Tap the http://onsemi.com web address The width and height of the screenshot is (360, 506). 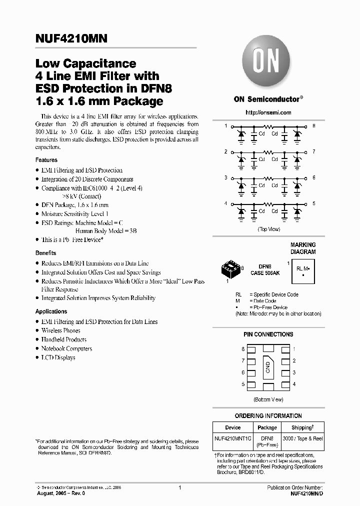[268, 112]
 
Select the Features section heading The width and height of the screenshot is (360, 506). [46, 160]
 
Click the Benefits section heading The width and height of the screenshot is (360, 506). [45, 253]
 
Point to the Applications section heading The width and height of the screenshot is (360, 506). [51, 311]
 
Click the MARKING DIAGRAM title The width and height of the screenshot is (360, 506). [303, 248]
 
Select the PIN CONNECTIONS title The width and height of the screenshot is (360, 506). [268, 334]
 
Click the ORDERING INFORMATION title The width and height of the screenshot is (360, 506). [268, 415]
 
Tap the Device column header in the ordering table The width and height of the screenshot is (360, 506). [233, 427]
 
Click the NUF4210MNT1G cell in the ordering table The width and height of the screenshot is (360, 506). [233, 438]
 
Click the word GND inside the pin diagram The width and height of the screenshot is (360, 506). [268, 368]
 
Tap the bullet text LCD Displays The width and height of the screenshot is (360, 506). [58, 357]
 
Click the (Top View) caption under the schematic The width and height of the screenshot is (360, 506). [268, 228]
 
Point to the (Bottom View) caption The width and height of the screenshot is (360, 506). [268, 399]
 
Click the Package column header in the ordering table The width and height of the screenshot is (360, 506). [267, 427]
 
